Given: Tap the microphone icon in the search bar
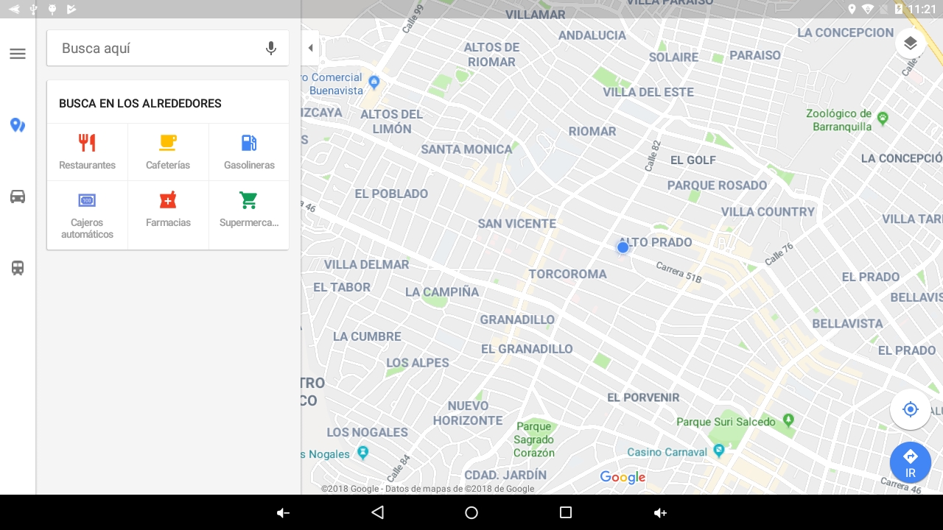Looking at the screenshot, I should pos(271,49).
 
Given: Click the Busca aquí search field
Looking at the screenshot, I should pos(155,49).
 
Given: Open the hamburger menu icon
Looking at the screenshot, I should pos(18,54).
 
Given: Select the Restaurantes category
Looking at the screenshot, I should pos(87,151).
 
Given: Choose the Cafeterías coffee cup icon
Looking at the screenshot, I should pos(168,142).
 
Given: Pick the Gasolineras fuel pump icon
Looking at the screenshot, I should pos(249,142).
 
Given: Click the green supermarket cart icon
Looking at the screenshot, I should pos(248,200).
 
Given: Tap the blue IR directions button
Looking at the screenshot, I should pos(910,462).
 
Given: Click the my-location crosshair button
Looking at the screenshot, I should pos(910,409).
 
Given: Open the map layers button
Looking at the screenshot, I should pos(911,43).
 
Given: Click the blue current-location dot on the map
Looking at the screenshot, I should pos(623,247).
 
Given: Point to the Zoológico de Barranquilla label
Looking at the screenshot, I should pos(839,120).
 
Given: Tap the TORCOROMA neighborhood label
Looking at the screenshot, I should pos(567,274).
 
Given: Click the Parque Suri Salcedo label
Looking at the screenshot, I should pos(726,422).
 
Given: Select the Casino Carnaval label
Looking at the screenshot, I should pos(667,452).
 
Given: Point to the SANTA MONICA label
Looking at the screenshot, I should pos(466,149).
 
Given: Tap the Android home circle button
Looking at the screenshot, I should pos(471,512).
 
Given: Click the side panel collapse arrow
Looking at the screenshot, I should pos(310,48).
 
